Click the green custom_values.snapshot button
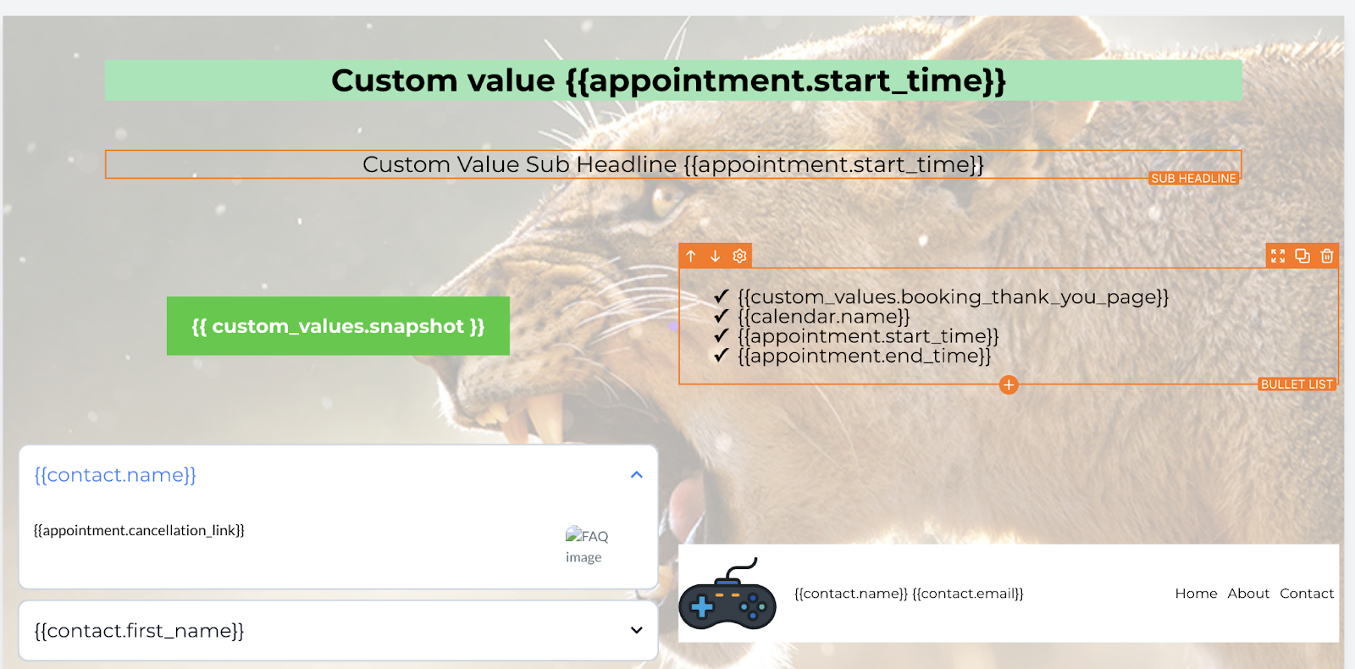coord(338,326)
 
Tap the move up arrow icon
coord(691,256)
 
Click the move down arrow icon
coord(715,256)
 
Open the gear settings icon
coord(739,256)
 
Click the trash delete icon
coord(1327,256)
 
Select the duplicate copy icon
coord(1302,256)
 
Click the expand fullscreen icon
coord(1278,256)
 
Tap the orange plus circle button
coord(1009,384)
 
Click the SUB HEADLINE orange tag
coord(1193,179)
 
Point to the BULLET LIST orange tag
coord(1297,384)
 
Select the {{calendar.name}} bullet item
coord(824,317)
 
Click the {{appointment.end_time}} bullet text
coord(865,356)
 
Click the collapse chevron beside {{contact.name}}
coord(636,475)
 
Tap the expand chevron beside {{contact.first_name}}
coord(636,630)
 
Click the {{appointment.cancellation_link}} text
coord(139,530)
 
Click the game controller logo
coord(727,594)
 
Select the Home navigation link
coord(1196,594)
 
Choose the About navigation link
coord(1248,594)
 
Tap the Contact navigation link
coord(1307,594)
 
